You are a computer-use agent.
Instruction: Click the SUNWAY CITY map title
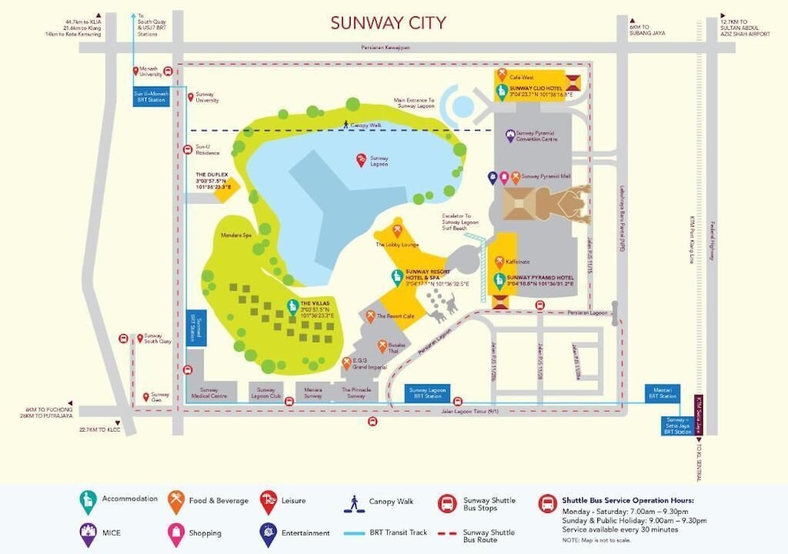point(388,23)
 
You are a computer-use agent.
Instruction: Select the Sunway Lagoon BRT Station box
point(428,392)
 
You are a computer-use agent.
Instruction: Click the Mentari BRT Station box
point(662,392)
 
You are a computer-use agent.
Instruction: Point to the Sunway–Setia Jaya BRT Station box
point(677,426)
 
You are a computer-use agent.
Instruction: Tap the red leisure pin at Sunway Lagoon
point(361,160)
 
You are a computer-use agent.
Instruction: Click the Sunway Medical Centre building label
point(209,392)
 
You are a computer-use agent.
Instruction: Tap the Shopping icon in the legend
point(176,534)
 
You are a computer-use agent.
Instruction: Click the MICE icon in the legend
point(87,534)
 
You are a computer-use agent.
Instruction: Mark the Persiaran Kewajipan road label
point(386,48)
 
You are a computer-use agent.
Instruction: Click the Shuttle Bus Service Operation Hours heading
point(628,500)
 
